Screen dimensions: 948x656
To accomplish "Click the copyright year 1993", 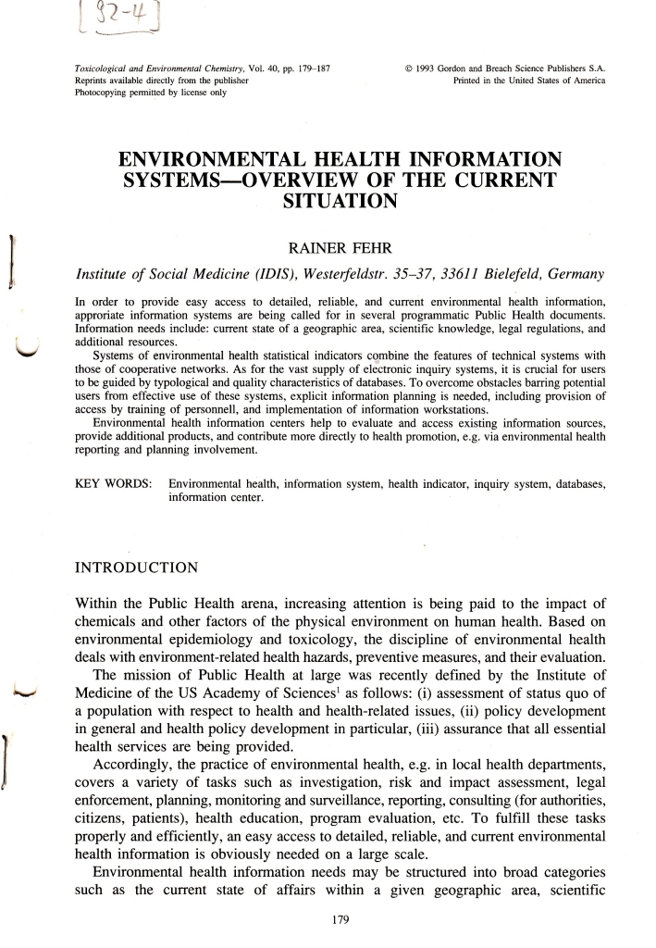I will point(424,68).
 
